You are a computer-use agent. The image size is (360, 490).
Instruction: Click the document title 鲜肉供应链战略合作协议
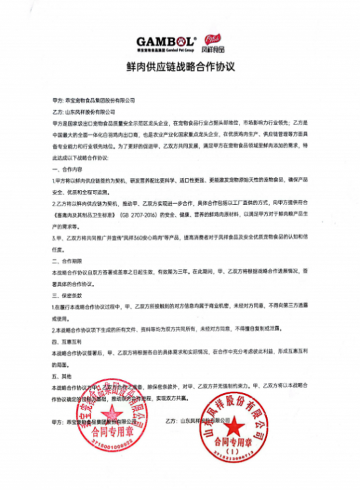click(x=179, y=67)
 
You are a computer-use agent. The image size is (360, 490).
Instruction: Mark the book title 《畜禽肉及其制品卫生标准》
click(x=84, y=204)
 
